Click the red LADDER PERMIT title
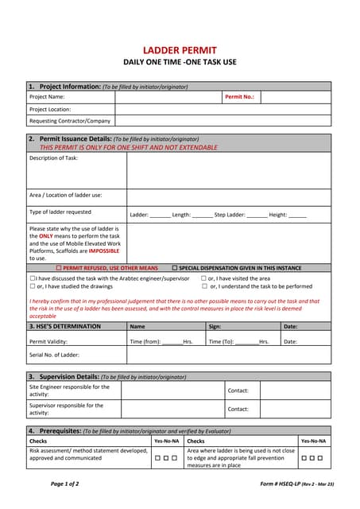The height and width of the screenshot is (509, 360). [180, 49]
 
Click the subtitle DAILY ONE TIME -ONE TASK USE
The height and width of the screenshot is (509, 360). [180, 62]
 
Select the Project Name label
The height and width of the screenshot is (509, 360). [47, 97]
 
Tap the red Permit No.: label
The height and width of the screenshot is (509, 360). [239, 97]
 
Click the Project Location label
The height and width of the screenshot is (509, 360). [50, 109]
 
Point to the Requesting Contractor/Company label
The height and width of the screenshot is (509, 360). [70, 121]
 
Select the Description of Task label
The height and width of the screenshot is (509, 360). [53, 157]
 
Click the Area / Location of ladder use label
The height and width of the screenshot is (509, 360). [66, 195]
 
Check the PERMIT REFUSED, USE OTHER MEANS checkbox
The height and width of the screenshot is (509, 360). [59, 268]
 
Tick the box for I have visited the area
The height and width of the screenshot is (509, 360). [204, 278]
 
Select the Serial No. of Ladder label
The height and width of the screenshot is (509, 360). [55, 354]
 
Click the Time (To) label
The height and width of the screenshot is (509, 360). [220, 341]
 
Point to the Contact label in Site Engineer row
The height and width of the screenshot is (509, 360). [238, 390]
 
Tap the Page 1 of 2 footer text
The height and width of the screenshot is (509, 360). [64, 484]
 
